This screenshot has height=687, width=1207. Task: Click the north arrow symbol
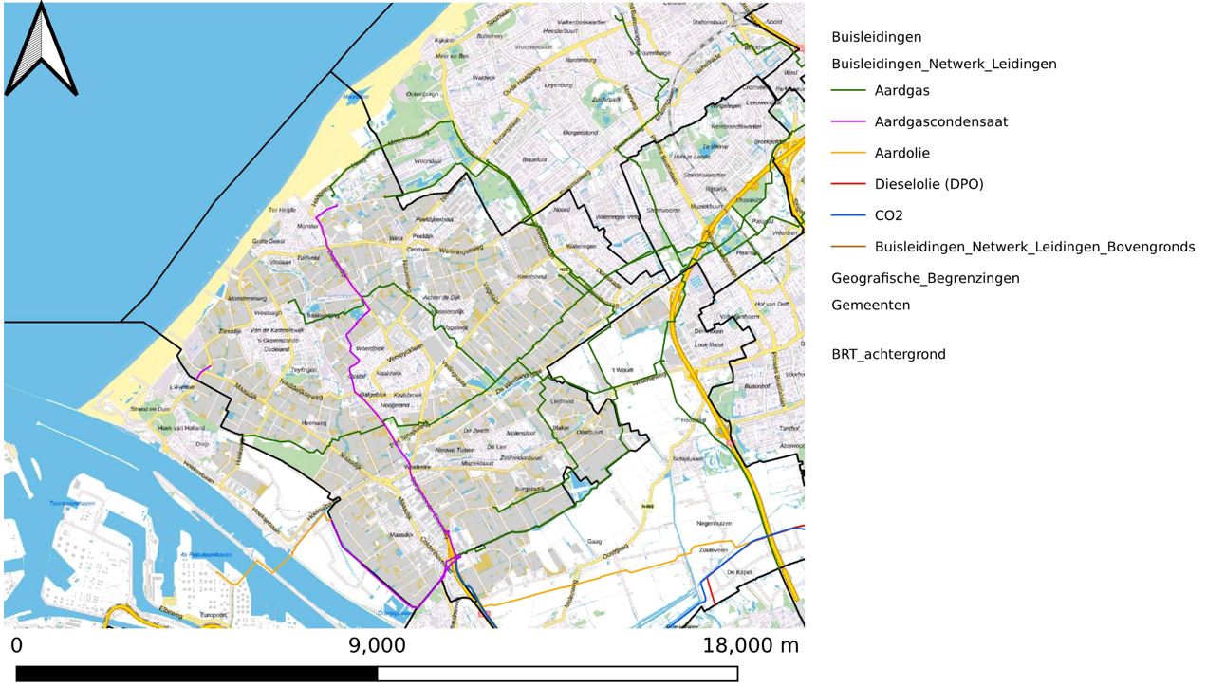tap(41, 49)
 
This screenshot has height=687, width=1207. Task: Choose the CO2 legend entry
tap(888, 215)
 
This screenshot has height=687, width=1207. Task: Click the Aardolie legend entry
tap(901, 154)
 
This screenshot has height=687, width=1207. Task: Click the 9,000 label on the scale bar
tap(377, 647)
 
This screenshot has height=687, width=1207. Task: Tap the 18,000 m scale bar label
tap(751, 647)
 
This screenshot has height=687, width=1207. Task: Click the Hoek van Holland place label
tap(181, 428)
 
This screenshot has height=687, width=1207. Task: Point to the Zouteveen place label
tap(713, 549)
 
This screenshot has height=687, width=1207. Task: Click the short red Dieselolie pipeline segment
tap(709, 592)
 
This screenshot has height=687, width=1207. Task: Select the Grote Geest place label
tap(268, 242)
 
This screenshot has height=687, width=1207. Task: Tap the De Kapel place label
tap(738, 573)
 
